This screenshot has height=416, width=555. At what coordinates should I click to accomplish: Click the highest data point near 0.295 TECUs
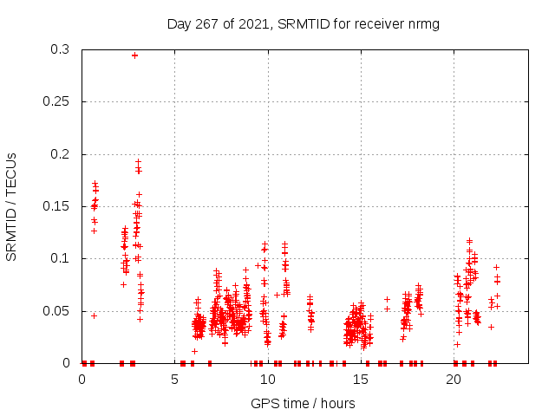point(134,55)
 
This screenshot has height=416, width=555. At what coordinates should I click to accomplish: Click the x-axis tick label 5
point(175,380)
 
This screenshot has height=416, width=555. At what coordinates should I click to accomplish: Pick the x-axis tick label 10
point(268,380)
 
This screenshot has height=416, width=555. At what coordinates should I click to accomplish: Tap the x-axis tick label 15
point(361,380)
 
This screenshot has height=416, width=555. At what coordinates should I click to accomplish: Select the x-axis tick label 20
point(454,380)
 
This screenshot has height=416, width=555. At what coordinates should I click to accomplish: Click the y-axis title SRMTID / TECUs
point(11,207)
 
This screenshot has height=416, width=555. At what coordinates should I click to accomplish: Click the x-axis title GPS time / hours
point(303,403)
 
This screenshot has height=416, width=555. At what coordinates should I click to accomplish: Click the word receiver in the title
point(376,23)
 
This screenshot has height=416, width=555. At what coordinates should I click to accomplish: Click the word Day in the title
point(179,23)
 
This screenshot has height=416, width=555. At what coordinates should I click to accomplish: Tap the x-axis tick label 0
point(82,380)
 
